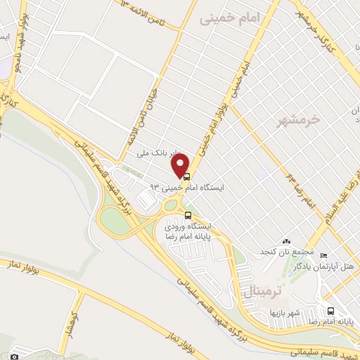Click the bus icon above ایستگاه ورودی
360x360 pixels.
tap(187, 215)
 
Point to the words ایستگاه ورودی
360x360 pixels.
tap(192, 226)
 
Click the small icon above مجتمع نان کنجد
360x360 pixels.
tap(285, 242)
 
